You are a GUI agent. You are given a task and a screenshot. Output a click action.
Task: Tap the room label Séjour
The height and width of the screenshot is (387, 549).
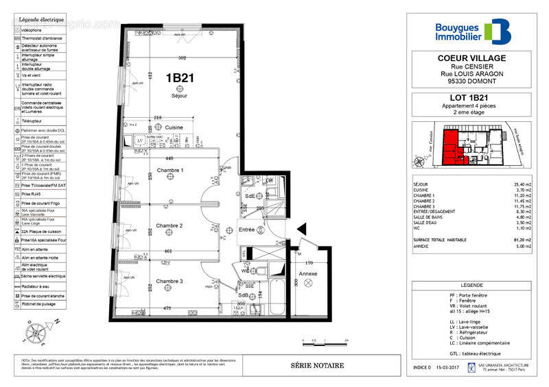click(179, 97)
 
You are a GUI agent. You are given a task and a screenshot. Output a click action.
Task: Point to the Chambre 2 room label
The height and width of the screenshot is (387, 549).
click(169, 225)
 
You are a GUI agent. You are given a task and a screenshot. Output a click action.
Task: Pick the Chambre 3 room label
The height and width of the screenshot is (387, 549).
click(169, 282)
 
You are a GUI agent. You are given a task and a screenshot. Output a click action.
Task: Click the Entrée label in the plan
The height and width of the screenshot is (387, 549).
click(246, 230)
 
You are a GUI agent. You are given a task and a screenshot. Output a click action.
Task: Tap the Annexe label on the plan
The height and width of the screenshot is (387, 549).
click(308, 274)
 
